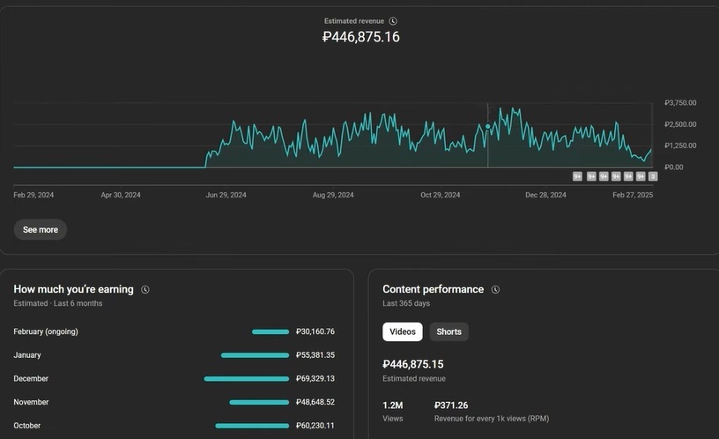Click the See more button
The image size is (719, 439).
41,229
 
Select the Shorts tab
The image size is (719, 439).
448,331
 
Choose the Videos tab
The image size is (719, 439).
403,331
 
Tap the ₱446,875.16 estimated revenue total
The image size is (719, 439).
360,37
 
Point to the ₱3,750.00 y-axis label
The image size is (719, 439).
680,103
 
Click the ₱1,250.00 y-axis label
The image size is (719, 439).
680,145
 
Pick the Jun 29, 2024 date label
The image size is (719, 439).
226,195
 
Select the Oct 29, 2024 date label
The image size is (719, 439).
441,195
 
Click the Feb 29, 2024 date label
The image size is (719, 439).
33,195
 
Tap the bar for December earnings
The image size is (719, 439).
246,378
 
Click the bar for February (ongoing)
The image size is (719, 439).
271,331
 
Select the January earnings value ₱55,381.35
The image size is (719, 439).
316,355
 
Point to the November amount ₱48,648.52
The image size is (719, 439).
316,402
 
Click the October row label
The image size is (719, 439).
27,426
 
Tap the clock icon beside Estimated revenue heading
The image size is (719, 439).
393,20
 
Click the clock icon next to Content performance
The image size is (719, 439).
495,289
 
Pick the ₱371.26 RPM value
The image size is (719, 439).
451,406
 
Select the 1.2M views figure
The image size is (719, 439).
392,406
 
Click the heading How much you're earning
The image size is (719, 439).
73,289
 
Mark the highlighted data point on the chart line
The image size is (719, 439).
487,126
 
